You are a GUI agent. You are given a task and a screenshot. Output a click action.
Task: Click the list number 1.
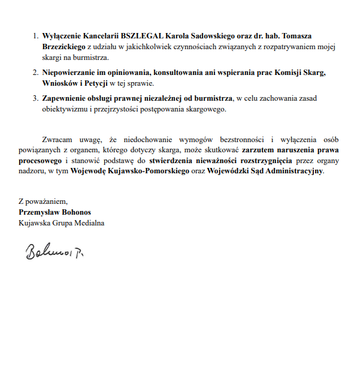tap(34, 37)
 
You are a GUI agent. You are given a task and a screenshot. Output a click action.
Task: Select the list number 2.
tap(34, 73)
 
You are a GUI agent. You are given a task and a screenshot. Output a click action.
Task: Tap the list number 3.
tap(34, 98)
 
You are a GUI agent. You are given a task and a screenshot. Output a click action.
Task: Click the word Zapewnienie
tap(65, 98)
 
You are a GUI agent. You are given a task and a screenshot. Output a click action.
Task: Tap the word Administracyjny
tap(293, 172)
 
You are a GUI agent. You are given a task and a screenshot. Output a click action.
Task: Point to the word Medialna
tap(87, 222)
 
